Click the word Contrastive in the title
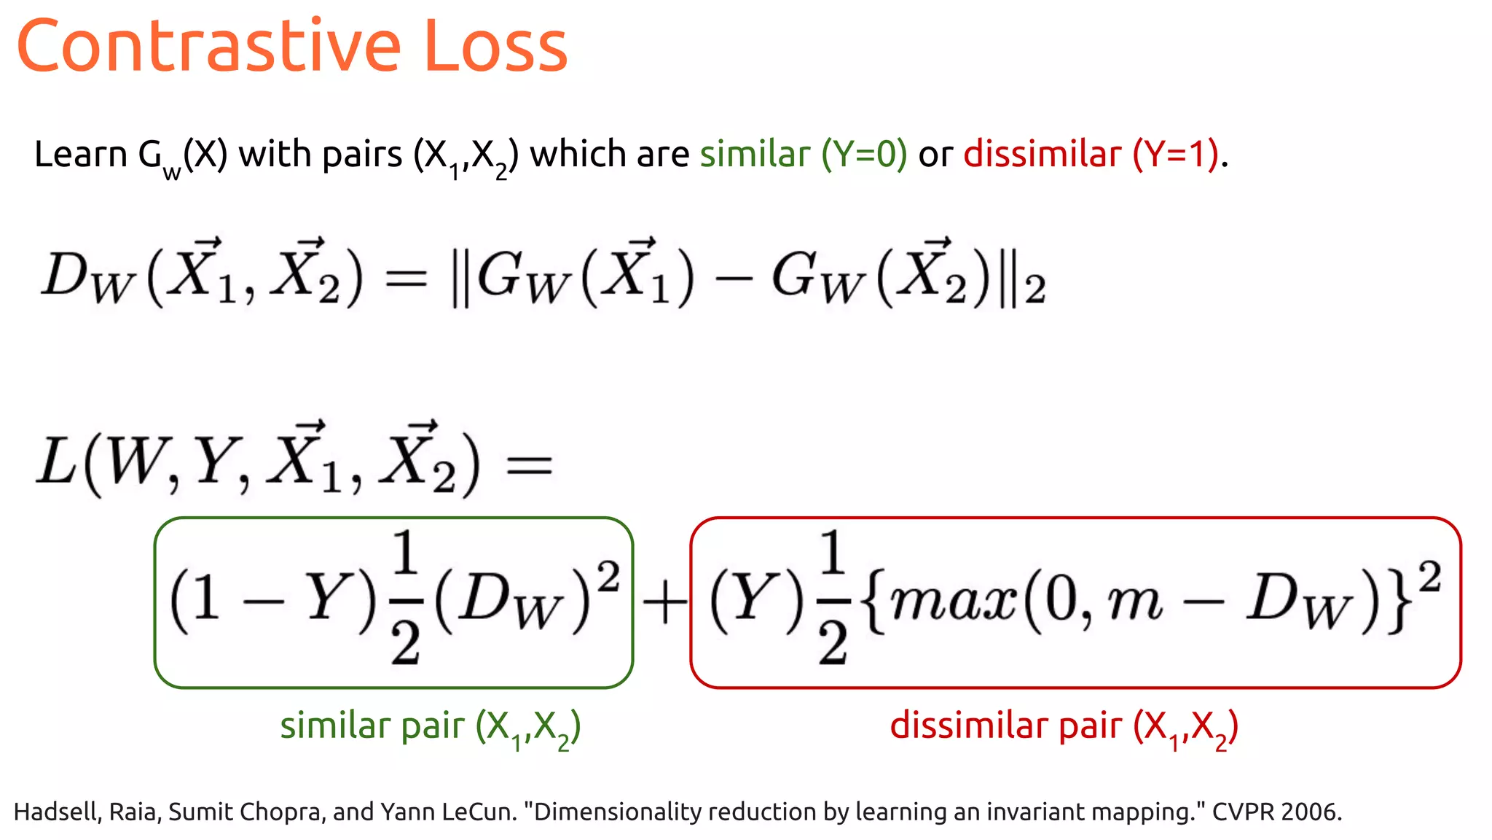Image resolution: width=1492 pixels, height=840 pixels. tap(208, 47)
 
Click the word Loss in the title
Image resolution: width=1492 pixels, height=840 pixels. tap(495, 47)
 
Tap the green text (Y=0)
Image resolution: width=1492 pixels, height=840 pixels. tap(864, 155)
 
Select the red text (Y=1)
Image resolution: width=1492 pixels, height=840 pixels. tap(1176, 155)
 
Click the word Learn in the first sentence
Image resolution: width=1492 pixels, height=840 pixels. tap(80, 155)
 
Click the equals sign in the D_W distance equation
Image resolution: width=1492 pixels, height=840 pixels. tap(406, 279)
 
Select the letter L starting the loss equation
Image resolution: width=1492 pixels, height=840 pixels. tap(56, 462)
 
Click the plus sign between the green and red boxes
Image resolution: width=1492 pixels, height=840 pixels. tap(664, 603)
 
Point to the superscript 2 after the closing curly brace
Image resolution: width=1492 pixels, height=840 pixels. tap(1429, 578)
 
